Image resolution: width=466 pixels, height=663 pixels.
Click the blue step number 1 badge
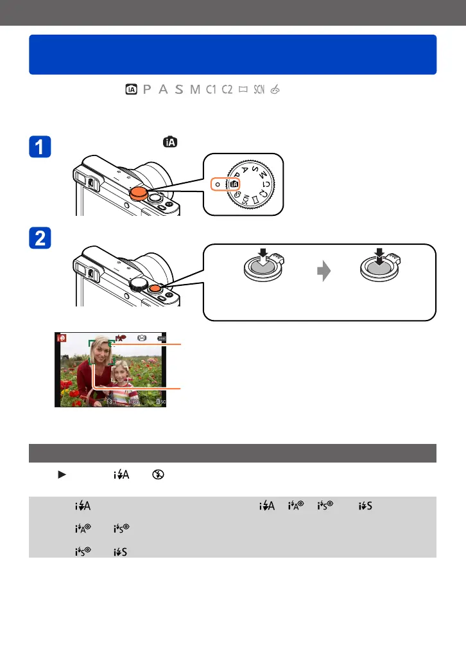coord(41,148)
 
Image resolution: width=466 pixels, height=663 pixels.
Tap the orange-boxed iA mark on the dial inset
coord(234,184)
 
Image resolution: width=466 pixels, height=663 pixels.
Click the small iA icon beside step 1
coord(171,141)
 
